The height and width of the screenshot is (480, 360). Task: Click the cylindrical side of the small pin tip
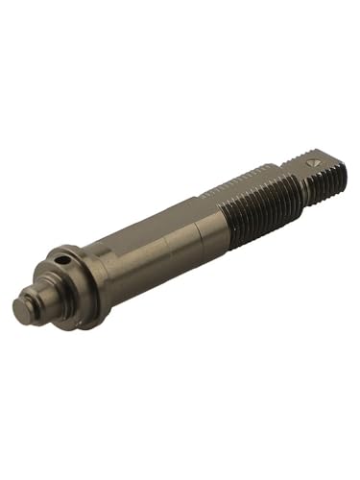(x=35, y=305)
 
